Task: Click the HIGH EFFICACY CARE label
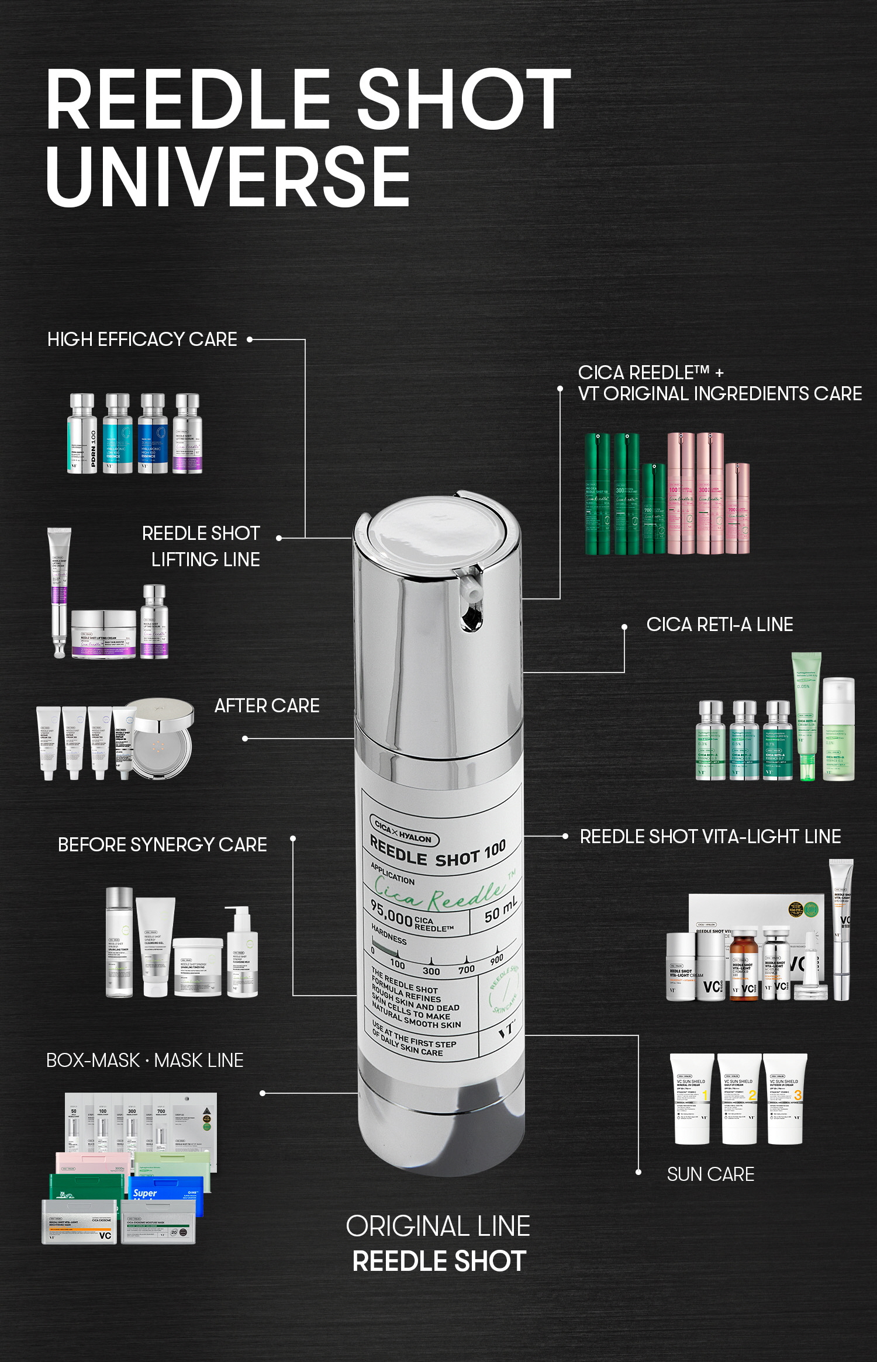point(142,339)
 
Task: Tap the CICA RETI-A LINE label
point(719,625)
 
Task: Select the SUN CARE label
point(710,1174)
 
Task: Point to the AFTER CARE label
point(267,706)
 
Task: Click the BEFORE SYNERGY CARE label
point(162,845)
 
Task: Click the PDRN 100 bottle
point(82,434)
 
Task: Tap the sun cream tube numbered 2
point(739,1098)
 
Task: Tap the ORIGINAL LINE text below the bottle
point(438,1226)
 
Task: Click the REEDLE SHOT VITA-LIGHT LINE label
point(710,837)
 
